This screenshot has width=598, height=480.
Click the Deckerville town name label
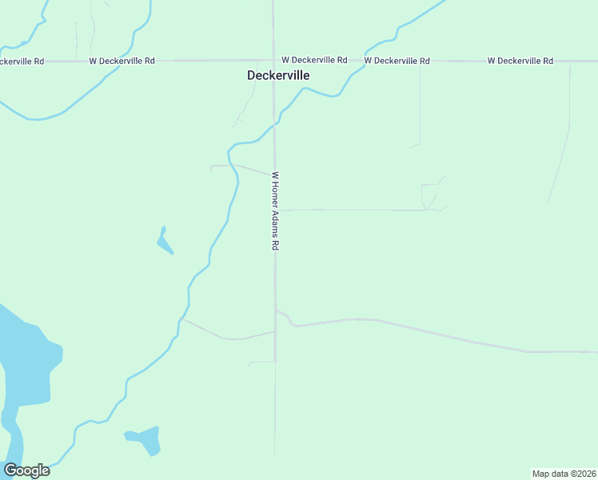coord(277,75)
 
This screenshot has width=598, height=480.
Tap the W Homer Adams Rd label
coord(274,212)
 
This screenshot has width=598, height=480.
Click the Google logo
coord(26,470)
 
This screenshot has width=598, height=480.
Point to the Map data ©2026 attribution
coord(564,474)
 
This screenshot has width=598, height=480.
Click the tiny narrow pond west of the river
coord(164,241)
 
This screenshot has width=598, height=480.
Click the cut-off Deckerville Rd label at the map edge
coord(22,61)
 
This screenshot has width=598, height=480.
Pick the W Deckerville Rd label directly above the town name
coord(314,60)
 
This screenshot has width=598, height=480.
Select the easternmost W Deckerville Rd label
coord(520,61)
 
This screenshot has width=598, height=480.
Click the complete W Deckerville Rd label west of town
coord(122,61)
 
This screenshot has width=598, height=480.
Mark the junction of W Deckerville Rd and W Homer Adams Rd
coord(273,61)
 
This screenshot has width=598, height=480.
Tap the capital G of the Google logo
coord(10,470)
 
